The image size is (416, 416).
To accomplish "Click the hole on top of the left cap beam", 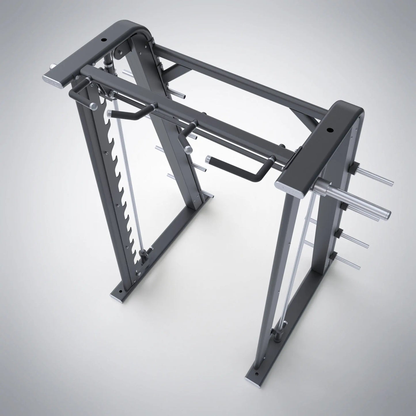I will [104, 40].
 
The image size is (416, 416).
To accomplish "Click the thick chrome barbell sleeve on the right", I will [354, 199].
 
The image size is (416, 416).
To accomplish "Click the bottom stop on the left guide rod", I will [143, 254].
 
